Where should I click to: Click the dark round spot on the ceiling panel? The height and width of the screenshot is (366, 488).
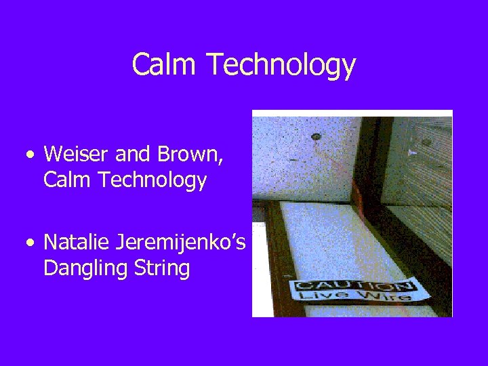tap(315, 138)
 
